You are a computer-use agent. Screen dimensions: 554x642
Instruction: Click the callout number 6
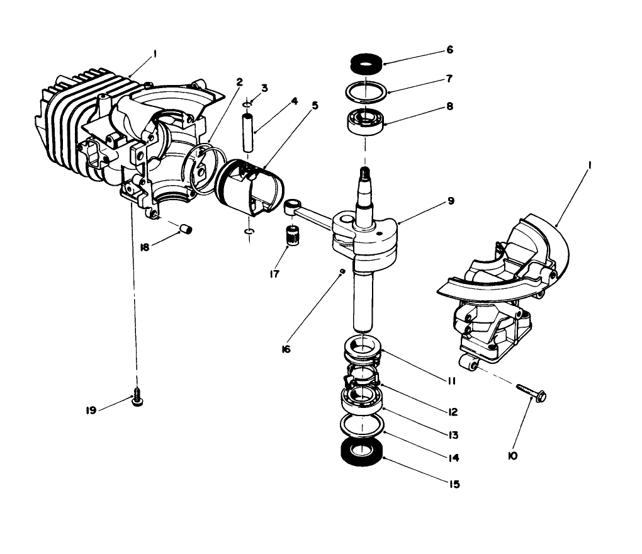449,49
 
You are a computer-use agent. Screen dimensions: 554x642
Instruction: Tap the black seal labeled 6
365,63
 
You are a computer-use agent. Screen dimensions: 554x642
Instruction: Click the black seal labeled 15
363,451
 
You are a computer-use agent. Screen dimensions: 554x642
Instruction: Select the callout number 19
91,410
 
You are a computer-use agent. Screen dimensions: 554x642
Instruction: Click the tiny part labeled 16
341,271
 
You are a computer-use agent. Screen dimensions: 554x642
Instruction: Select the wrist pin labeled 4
250,131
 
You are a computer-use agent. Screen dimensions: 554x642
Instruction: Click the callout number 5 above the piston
315,105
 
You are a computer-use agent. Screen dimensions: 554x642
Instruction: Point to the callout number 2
240,81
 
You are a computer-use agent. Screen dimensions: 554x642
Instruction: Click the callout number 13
453,434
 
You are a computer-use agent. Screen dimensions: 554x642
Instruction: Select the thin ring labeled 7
366,91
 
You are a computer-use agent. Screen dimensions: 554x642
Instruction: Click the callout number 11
452,381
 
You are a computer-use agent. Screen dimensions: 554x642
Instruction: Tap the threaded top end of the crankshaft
363,172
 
